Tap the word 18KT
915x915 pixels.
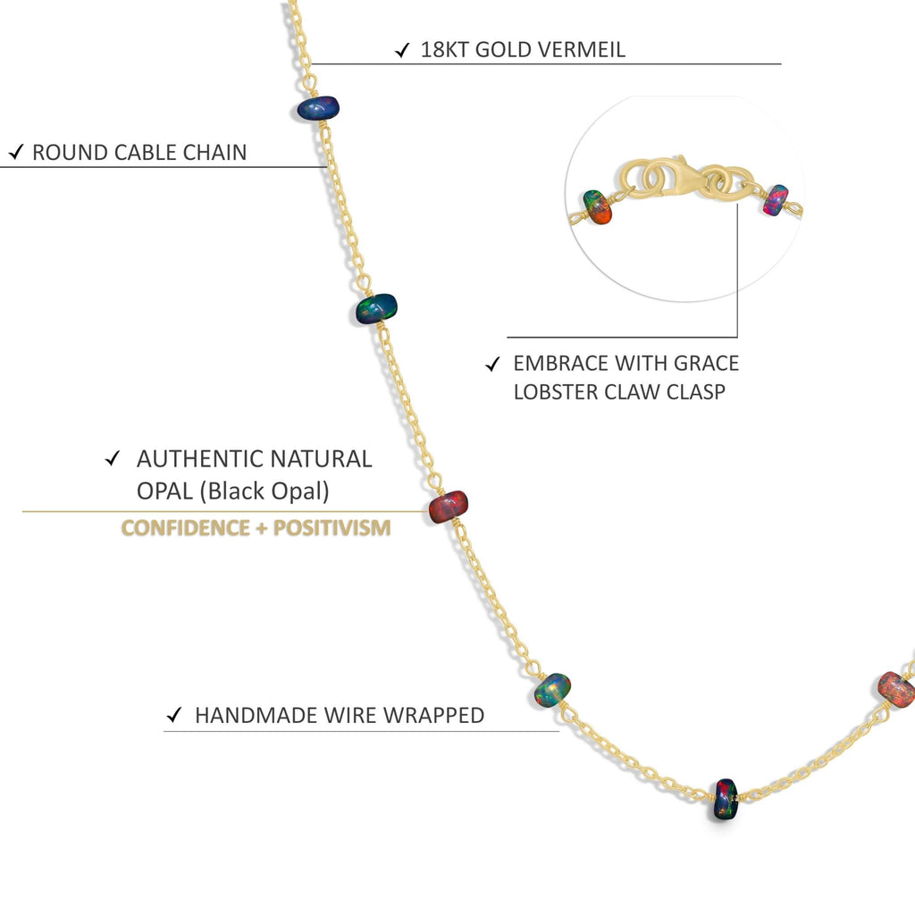[x=444, y=49]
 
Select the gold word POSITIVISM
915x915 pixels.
[x=332, y=527]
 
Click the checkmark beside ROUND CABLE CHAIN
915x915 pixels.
[x=15, y=153]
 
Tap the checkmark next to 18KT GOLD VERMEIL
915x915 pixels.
[x=403, y=50]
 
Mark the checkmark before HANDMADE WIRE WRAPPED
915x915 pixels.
[x=176, y=716]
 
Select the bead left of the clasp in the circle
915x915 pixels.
[x=597, y=206]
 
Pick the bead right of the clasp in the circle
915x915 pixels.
[x=776, y=200]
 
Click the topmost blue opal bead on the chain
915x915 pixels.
[x=318, y=108]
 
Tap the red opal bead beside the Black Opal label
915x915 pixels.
[x=449, y=507]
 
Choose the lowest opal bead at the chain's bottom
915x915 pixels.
[x=726, y=799]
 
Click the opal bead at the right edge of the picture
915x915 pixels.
[x=895, y=689]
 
